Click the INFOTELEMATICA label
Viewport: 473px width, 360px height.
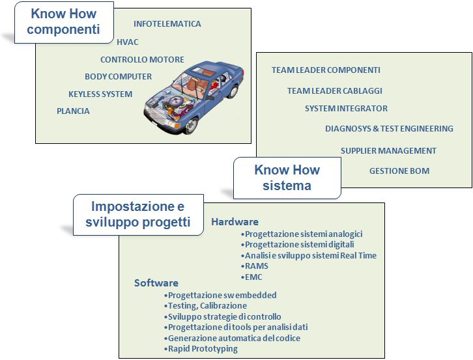pos(167,24)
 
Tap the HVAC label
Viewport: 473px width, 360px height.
pos(128,42)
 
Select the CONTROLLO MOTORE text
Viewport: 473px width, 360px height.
pos(143,60)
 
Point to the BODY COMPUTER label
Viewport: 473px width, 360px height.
pos(119,77)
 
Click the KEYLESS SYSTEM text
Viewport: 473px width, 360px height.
pos(100,94)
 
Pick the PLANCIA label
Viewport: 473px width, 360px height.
pos(74,111)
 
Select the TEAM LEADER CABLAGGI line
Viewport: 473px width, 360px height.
pos(335,90)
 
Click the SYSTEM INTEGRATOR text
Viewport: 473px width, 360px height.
pos(347,108)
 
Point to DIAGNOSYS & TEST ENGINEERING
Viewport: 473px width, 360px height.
pos(389,128)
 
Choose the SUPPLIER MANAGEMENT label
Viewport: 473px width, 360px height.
pos(388,150)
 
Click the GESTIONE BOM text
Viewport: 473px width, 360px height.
pos(399,171)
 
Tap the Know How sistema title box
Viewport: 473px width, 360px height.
pos(287,178)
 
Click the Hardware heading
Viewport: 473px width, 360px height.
pos(235,222)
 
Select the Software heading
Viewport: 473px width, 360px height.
pos(156,283)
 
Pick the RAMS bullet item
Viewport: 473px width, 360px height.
pos(255,266)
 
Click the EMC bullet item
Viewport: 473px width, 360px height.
pos(251,277)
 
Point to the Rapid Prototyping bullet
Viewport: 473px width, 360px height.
pos(201,349)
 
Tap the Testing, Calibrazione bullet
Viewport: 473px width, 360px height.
pos(205,306)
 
